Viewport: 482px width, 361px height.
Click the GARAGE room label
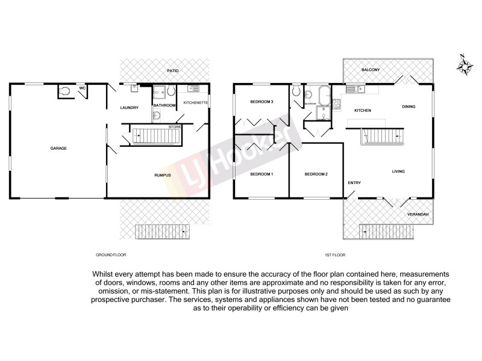(x=58, y=148)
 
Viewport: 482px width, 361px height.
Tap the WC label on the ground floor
(x=83, y=88)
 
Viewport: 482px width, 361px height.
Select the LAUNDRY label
(x=130, y=108)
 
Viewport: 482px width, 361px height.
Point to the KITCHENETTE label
(x=195, y=103)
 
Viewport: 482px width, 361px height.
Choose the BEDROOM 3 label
(x=262, y=102)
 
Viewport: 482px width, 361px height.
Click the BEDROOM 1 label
(x=262, y=174)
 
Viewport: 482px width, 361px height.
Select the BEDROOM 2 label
(x=316, y=174)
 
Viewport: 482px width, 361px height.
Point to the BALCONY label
(x=370, y=70)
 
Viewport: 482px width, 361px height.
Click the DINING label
(x=408, y=107)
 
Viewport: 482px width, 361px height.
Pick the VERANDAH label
(x=418, y=214)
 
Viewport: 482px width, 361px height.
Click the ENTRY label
(x=354, y=183)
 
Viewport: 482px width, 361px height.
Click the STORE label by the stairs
(x=175, y=127)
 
